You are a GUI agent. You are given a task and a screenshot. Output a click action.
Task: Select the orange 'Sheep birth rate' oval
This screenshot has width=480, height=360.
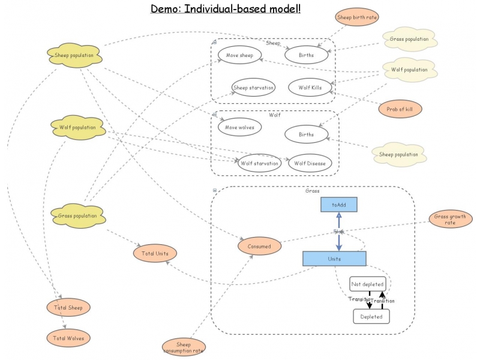click(356, 17)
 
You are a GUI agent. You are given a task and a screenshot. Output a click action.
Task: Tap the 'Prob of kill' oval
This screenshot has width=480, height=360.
click(400, 109)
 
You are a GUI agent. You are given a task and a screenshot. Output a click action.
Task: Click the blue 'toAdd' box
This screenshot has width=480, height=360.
click(338, 205)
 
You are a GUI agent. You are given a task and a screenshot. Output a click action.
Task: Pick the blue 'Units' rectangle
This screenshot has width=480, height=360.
click(334, 259)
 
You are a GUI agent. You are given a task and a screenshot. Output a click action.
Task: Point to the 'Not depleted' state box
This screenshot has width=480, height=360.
click(367, 283)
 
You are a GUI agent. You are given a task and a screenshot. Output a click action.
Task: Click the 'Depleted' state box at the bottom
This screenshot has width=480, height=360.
click(371, 316)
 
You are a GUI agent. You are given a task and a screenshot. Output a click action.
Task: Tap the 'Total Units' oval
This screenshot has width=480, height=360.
click(155, 253)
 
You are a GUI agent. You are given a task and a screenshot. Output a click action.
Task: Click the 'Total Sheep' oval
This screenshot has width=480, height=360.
click(68, 308)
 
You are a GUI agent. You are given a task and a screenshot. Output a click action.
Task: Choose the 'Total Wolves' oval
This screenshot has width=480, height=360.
click(68, 338)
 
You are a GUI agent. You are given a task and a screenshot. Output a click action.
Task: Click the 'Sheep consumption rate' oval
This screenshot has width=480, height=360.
click(184, 347)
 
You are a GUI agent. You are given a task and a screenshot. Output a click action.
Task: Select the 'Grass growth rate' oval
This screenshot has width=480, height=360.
click(451, 219)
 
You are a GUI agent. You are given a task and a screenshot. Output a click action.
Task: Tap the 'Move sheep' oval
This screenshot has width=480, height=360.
click(239, 55)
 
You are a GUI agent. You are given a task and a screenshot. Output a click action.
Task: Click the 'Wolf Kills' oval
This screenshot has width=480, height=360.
click(310, 88)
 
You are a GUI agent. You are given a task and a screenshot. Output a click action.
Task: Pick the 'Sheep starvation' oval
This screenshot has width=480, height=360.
click(253, 88)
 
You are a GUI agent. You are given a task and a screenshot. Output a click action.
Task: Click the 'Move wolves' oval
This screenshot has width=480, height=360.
click(239, 127)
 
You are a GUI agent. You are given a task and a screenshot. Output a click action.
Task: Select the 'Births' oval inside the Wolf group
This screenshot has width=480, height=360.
click(306, 134)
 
